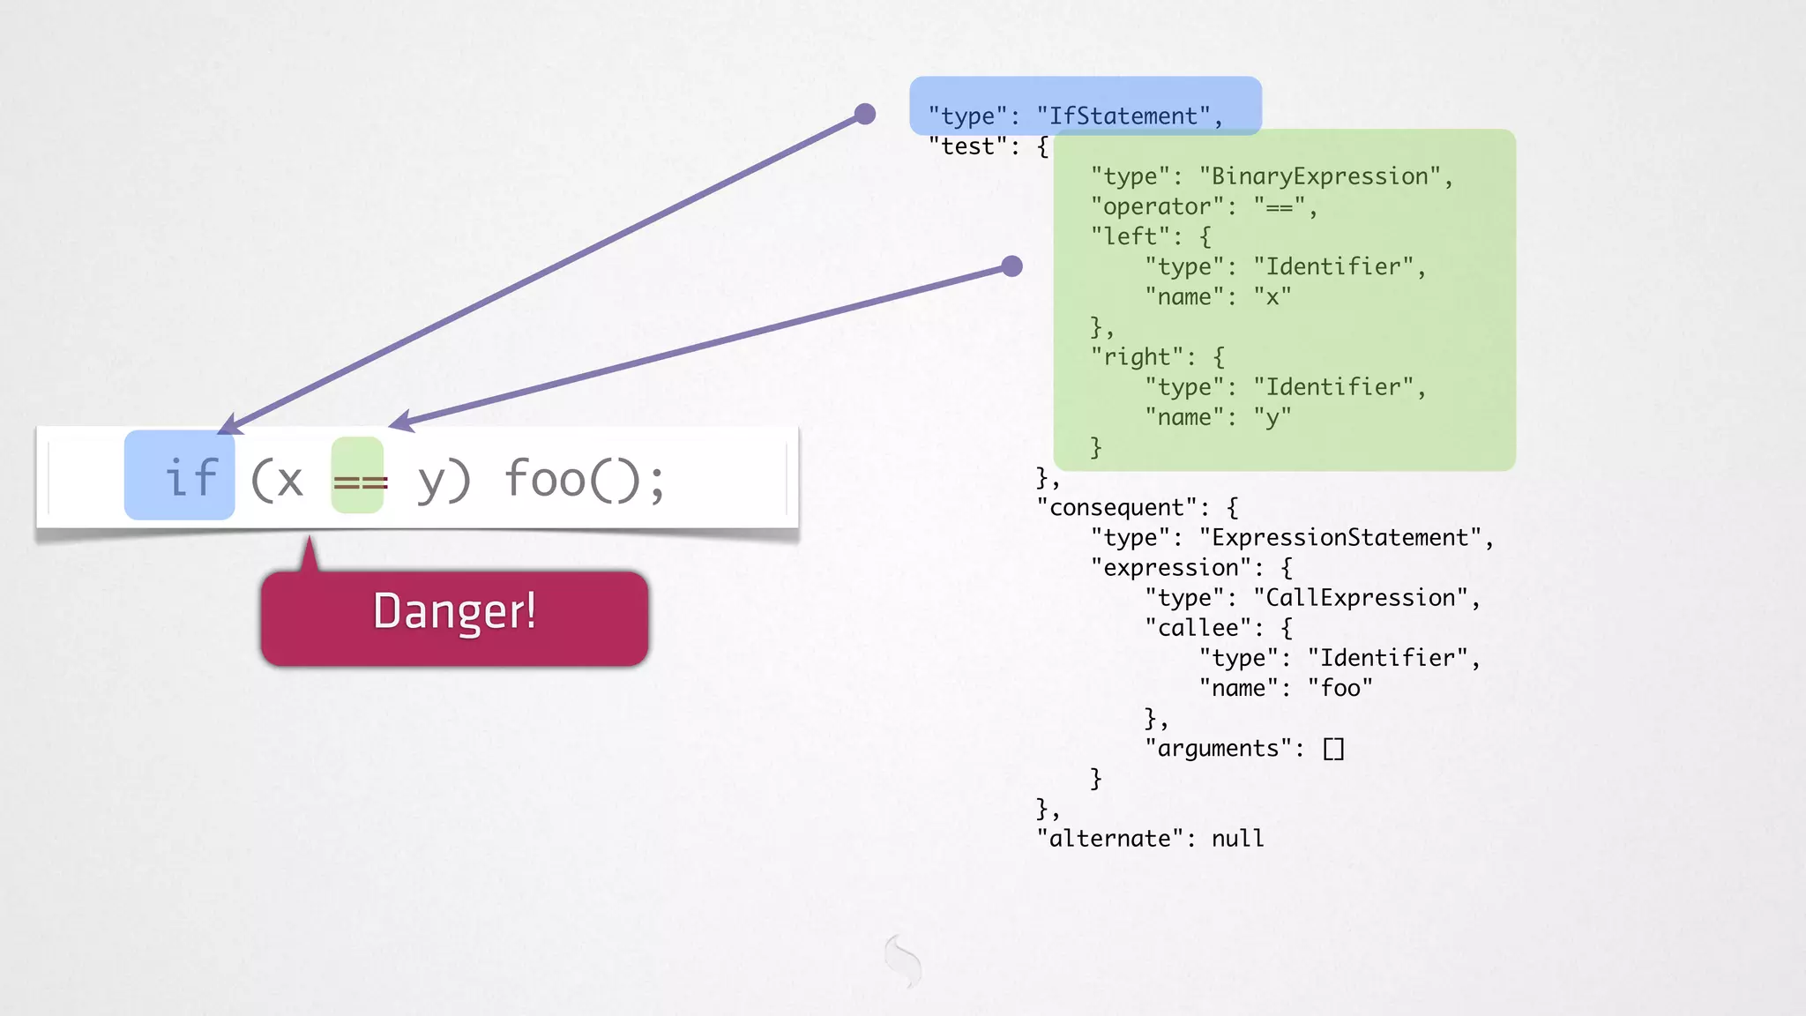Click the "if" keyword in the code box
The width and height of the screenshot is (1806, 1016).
pyautogui.click(x=190, y=478)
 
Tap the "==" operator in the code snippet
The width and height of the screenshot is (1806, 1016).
pyautogui.click(x=360, y=482)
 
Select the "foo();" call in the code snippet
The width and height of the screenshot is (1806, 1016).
pyautogui.click(x=584, y=480)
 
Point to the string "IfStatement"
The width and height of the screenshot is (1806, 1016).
pyautogui.click(x=1123, y=116)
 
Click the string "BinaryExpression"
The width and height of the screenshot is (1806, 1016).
pyautogui.click(x=1320, y=176)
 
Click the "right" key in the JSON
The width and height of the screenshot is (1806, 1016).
pyautogui.click(x=1138, y=357)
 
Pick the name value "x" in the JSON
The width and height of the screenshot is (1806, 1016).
pyautogui.click(x=1272, y=297)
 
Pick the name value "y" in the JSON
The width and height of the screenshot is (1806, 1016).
pyautogui.click(x=1272, y=418)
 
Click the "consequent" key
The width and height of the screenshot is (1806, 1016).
pyautogui.click(x=1116, y=508)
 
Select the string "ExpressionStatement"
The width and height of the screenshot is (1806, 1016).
pyautogui.click(x=1340, y=538)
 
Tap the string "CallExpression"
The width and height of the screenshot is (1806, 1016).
pyautogui.click(x=1360, y=598)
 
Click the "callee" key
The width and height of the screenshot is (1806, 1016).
pyautogui.click(x=1198, y=628)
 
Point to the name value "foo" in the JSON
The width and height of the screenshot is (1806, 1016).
pyautogui.click(x=1340, y=688)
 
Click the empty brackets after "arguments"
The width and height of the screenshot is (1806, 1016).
pyautogui.click(x=1333, y=749)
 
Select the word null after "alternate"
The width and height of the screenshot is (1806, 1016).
pyautogui.click(x=1237, y=839)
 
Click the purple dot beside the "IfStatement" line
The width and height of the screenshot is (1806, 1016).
pyautogui.click(x=865, y=114)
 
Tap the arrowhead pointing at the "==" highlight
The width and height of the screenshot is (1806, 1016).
pyautogui.click(x=400, y=422)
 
